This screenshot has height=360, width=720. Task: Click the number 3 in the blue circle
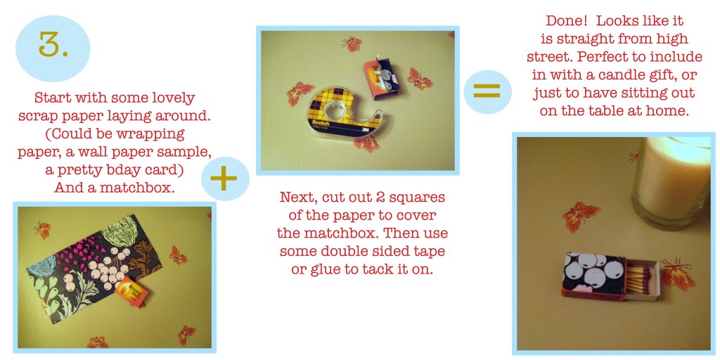(53, 44)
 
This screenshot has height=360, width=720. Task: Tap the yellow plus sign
(224, 179)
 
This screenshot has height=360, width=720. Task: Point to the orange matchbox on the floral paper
(131, 290)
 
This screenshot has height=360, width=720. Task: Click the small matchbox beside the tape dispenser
(381, 77)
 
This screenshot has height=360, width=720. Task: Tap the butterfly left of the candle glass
(581, 217)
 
